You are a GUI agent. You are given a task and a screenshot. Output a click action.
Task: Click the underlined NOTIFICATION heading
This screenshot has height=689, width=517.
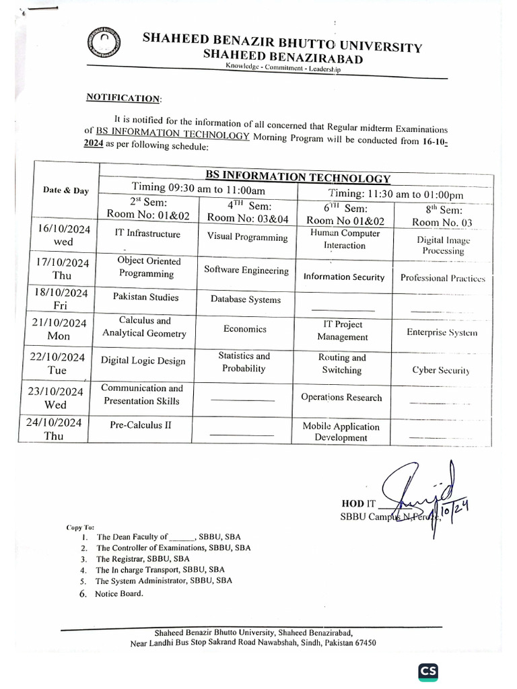point(124,98)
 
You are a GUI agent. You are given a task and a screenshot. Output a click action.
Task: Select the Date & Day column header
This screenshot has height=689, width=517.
point(66,190)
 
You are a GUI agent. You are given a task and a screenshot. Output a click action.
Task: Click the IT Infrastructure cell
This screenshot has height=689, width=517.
point(147,234)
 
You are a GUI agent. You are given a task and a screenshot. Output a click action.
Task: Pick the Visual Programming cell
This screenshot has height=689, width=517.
point(247,237)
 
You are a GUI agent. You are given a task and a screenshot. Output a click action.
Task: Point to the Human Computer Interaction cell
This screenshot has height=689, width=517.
point(345,240)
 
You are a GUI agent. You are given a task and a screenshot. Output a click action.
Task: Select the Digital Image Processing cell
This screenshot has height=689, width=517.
point(443,245)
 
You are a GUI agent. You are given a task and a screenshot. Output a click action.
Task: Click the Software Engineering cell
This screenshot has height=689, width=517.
point(246,270)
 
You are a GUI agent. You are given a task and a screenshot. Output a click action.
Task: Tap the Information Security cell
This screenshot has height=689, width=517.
point(344,277)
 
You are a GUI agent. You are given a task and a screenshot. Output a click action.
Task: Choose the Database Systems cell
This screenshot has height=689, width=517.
point(245,300)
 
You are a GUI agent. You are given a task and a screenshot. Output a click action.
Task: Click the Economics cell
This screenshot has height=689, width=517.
point(245,329)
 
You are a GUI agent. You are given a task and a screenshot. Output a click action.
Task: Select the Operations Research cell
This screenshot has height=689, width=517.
point(341,398)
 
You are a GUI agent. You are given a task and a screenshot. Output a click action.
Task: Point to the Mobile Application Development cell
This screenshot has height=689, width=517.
point(341,432)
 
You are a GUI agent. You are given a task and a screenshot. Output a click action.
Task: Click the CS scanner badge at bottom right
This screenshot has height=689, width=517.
point(427,671)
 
